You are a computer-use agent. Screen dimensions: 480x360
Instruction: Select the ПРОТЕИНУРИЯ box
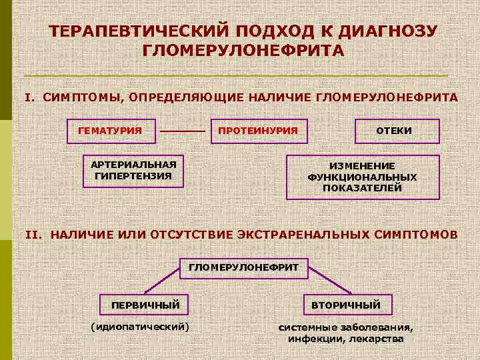258,131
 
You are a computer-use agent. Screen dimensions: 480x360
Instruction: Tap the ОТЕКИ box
397,131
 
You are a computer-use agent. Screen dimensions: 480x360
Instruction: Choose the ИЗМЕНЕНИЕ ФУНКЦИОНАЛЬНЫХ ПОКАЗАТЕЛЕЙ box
363,177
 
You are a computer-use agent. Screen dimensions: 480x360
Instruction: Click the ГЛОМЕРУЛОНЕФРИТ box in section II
244,267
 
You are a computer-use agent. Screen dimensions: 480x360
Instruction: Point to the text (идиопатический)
139,327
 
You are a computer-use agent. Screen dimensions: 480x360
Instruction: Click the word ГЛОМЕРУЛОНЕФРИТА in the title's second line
243,51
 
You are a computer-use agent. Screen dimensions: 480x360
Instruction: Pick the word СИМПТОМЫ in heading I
81,97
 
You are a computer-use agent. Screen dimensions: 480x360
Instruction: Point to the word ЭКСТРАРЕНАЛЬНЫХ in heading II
303,235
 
